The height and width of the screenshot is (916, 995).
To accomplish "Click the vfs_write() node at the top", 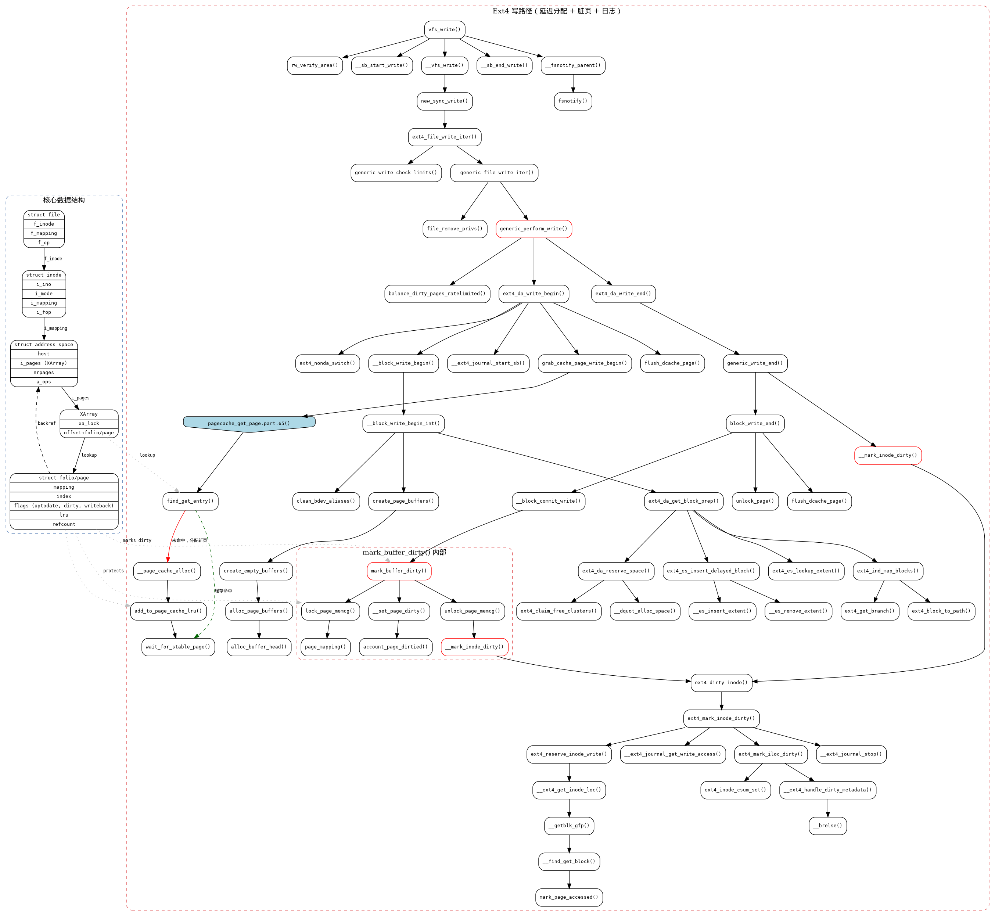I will (x=444, y=30).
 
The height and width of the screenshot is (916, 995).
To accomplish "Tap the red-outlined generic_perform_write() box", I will (x=534, y=229).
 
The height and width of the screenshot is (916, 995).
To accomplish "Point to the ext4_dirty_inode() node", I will (x=721, y=683).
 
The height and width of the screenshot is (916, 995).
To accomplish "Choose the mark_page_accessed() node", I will (x=569, y=897).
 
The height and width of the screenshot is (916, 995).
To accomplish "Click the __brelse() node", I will (x=827, y=826).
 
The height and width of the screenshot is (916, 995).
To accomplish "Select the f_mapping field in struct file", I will (x=44, y=233).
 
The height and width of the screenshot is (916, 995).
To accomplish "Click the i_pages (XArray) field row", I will (x=44, y=363).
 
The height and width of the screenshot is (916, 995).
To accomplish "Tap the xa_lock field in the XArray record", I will (x=89, y=423).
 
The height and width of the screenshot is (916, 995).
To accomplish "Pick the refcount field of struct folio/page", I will (x=64, y=524).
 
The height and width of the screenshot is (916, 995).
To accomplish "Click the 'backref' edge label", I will (x=47, y=423).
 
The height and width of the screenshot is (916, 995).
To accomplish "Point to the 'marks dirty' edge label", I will (x=137, y=540).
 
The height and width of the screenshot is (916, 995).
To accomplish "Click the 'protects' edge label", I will (x=114, y=571).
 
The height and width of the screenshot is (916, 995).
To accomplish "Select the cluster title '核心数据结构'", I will (x=64, y=200).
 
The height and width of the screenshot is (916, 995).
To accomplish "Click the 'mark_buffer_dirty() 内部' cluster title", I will (x=404, y=552).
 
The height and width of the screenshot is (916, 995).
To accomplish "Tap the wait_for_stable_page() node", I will (x=178, y=647).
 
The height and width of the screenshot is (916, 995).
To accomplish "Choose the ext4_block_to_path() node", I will (x=941, y=611).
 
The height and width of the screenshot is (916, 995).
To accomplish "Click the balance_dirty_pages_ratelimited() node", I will (x=437, y=294).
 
